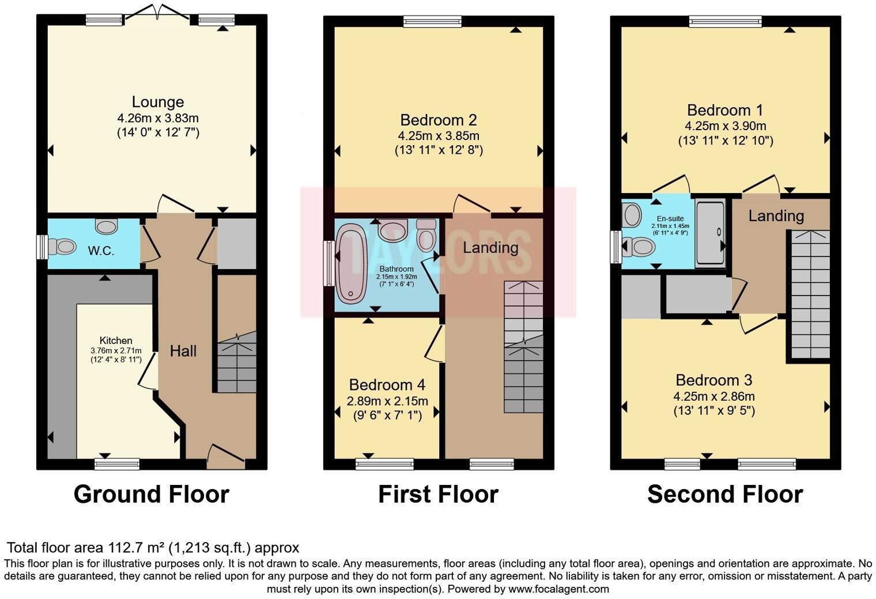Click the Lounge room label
(157, 102)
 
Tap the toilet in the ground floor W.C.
(62, 247)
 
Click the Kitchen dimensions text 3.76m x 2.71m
(116, 350)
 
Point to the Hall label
(183, 351)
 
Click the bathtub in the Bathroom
(350, 263)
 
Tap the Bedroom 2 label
(438, 120)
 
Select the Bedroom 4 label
(387, 385)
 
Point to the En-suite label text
(670, 219)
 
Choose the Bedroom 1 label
(725, 110)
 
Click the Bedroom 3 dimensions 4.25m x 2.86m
(713, 396)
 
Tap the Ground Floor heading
(151, 494)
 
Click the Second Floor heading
(724, 494)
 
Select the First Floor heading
(438, 494)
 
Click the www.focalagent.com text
(558, 589)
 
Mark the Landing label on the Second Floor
(776, 216)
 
